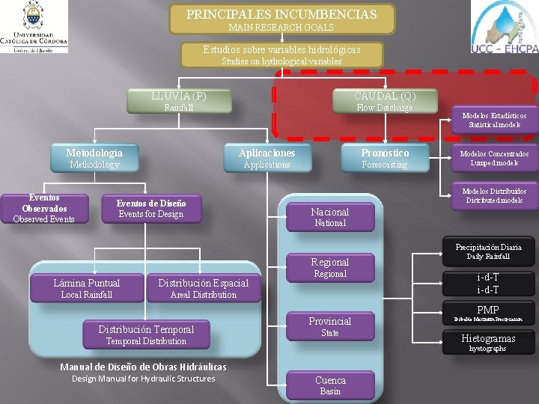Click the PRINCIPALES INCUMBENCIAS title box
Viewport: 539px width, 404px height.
[x=281, y=19]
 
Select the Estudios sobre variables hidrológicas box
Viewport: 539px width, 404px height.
[x=282, y=55]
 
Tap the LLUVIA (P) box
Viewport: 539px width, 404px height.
[x=178, y=101]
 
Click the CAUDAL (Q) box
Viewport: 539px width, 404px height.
[x=385, y=101]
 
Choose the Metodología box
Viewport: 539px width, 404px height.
[x=94, y=158]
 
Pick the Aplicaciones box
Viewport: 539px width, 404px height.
[x=267, y=158]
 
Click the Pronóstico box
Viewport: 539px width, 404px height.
[x=385, y=158]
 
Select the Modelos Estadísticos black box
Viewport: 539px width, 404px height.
[x=494, y=120]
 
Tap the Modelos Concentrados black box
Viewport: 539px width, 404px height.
[x=494, y=158]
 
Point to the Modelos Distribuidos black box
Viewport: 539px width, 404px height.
[x=494, y=195]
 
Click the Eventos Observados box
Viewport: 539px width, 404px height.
[x=43, y=209]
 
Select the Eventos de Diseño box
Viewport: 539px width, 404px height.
[x=150, y=209]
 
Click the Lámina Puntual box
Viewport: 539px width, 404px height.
[x=87, y=288]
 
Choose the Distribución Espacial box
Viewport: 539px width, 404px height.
[x=203, y=288]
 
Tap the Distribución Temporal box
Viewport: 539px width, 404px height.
[x=146, y=334]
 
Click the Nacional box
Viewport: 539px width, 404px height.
[x=330, y=217]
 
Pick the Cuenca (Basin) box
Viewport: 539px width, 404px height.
[x=330, y=385]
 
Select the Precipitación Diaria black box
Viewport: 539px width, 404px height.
[x=488, y=251]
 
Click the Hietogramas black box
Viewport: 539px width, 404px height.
[x=488, y=343]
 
